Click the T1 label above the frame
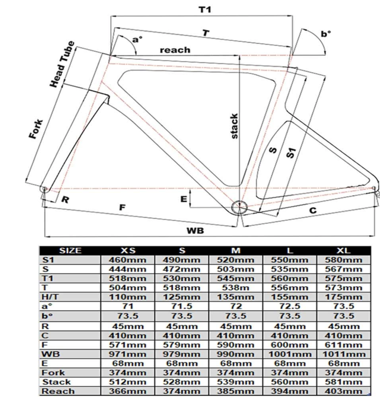click(205, 9)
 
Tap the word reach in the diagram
click(175, 49)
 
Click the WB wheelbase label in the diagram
click(195, 230)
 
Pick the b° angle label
click(326, 34)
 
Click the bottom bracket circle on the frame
click(239, 207)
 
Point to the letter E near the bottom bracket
click(183, 199)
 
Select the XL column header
click(343, 251)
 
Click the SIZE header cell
click(70, 251)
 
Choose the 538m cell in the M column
click(236, 288)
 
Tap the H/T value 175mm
click(343, 297)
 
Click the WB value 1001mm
click(290, 354)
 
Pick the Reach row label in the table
click(58, 391)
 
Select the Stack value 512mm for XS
click(128, 381)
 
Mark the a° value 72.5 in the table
click(290, 307)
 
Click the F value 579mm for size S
click(182, 344)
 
